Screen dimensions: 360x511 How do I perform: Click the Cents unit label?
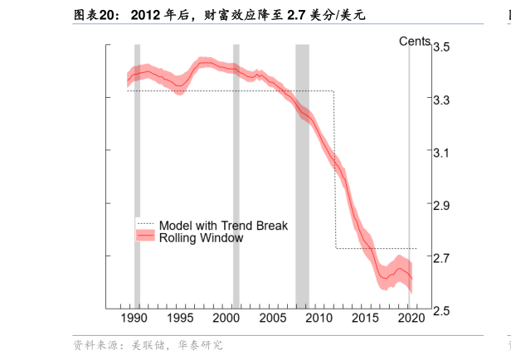(414, 41)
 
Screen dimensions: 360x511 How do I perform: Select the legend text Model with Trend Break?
(223, 225)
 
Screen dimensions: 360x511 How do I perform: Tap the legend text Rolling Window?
(201, 238)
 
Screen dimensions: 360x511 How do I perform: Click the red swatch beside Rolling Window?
(145, 237)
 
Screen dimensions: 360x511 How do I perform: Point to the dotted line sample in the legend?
(145, 225)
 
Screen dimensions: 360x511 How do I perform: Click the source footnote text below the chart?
(148, 345)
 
